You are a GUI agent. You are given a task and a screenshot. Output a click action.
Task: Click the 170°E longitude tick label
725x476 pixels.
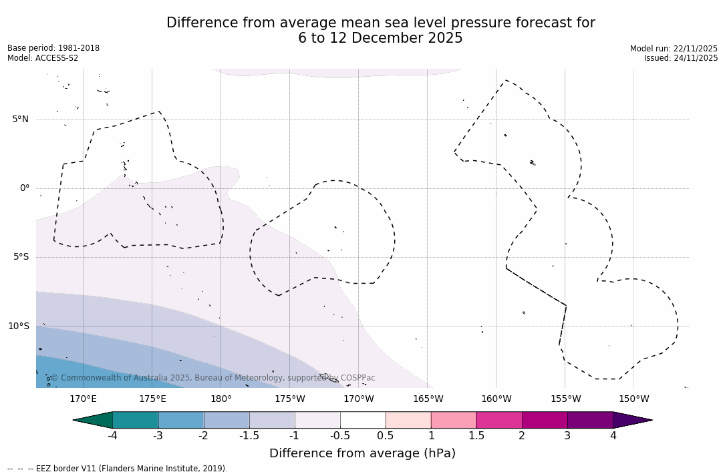point(83,399)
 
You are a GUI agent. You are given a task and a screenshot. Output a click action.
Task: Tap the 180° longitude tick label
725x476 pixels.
point(221,399)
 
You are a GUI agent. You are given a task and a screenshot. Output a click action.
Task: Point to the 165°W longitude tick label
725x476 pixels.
point(428,399)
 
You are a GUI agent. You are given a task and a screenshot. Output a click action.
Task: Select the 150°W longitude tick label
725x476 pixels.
point(633,399)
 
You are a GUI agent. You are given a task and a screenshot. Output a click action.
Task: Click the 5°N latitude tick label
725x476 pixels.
point(20,120)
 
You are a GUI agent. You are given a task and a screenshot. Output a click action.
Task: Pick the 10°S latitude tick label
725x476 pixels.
point(19,326)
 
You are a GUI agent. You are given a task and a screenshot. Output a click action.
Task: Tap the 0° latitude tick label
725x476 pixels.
point(25,188)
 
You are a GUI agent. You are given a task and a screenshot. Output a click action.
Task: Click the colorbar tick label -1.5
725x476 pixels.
point(249,436)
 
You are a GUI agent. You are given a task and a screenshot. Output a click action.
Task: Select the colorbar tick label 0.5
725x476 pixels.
point(386,436)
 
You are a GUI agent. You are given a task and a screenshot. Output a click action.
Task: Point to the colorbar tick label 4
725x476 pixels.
point(613,436)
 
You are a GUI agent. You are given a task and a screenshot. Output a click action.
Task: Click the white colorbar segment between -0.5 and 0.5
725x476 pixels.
point(363,420)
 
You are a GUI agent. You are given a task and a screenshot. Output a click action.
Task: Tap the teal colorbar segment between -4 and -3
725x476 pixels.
point(136,420)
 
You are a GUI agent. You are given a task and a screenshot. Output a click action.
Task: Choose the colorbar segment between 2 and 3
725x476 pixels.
point(545,420)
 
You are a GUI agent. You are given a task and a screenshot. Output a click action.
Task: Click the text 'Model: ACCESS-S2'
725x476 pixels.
point(43,58)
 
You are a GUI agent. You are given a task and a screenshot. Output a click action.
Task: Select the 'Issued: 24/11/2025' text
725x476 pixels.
point(680,58)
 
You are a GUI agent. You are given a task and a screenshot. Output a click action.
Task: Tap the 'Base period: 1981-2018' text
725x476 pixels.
point(53,48)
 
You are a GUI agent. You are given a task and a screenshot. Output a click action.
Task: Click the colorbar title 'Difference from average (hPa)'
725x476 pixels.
point(362,453)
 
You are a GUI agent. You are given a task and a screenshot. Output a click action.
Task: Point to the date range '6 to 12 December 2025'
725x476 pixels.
point(380,39)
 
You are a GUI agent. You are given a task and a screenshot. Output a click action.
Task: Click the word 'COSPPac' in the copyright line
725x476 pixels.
point(358,378)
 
